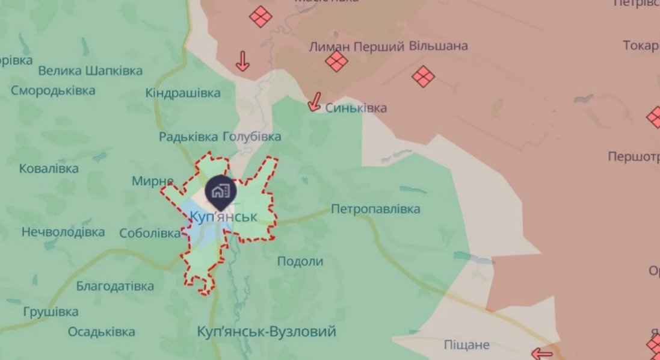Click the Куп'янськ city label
point(222,217)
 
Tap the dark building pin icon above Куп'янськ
point(221,191)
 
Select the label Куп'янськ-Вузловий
point(267,332)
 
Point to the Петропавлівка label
point(375,209)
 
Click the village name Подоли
point(300,261)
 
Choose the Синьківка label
point(356,108)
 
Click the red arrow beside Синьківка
point(314,103)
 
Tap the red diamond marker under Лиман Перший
point(337,61)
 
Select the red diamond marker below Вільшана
point(424,76)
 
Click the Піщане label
point(467,345)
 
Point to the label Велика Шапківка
point(90,70)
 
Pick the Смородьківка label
point(53,91)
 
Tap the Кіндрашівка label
point(183,93)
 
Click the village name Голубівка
point(252,137)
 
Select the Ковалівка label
point(49,169)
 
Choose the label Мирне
point(153,181)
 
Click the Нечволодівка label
point(63,231)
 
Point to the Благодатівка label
point(115,286)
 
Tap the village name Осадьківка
point(101,332)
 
